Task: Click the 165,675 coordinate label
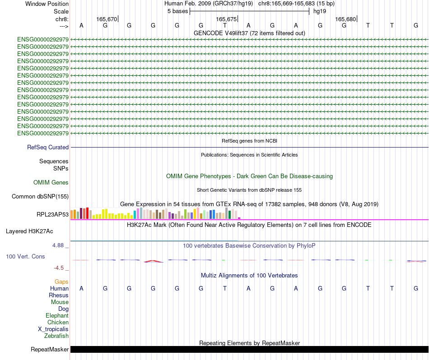[226, 19]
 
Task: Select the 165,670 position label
[107, 19]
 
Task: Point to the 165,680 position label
[345, 19]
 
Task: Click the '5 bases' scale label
[177, 11]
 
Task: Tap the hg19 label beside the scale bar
[320, 11]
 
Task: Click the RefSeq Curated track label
[48, 147]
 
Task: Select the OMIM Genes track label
[51, 182]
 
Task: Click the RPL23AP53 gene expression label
[53, 214]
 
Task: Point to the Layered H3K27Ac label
[29, 231]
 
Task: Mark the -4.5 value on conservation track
[60, 268]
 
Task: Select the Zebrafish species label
[56, 336]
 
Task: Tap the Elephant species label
[57, 315]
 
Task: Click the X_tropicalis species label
[53, 329]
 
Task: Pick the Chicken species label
[58, 322]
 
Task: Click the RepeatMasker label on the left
[50, 349]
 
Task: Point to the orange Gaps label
[61, 282]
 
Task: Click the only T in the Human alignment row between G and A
[224, 288]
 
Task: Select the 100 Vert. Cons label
[25, 256]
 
